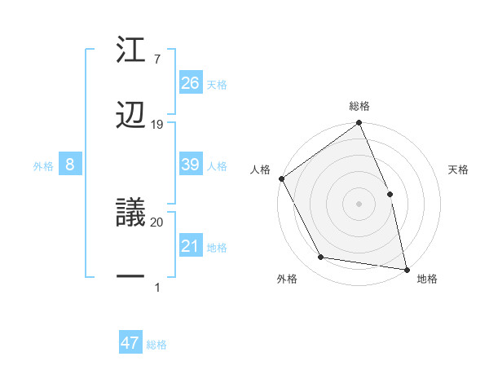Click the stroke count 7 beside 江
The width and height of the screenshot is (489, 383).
pyautogui.click(x=156, y=59)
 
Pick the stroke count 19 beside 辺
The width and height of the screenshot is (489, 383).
pyautogui.click(x=157, y=124)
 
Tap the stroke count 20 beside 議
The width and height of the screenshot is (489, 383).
pyautogui.click(x=157, y=222)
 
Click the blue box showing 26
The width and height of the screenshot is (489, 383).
pyautogui.click(x=191, y=82)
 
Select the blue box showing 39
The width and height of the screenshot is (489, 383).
pyautogui.click(x=191, y=165)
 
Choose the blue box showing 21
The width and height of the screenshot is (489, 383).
pyautogui.click(x=191, y=246)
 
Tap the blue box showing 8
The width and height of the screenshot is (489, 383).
pyautogui.click(x=70, y=165)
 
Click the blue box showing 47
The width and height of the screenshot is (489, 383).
pyautogui.click(x=130, y=343)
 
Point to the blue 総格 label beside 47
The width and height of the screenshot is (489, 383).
pyautogui.click(x=156, y=345)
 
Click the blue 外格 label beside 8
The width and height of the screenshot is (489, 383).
pyautogui.click(x=43, y=166)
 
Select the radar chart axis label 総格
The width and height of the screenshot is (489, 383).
pyautogui.click(x=359, y=106)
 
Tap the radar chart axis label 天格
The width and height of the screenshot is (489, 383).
pyautogui.click(x=459, y=169)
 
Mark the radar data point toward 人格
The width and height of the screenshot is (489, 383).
pyautogui.click(x=281, y=178)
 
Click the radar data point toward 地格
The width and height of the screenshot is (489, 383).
pyautogui.click(x=407, y=269)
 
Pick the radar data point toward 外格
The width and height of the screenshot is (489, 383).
pyautogui.click(x=321, y=258)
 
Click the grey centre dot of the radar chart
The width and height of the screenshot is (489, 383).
pyautogui.click(x=359, y=204)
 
